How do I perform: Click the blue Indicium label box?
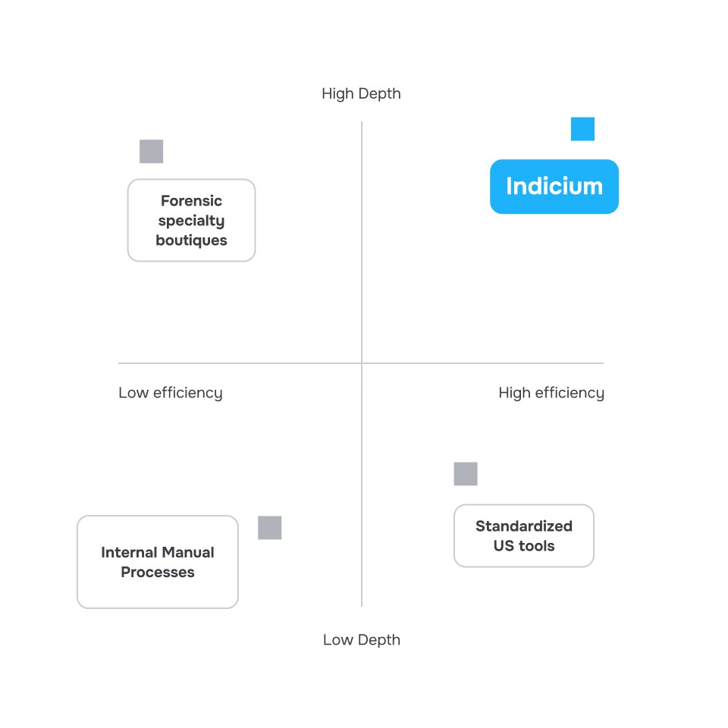pos(554,187)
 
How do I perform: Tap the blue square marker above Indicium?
pos(582,129)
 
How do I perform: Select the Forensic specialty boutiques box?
pos(191,220)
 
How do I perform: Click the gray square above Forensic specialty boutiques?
pos(152,152)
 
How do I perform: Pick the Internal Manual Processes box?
pos(158,562)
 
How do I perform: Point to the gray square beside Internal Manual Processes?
pos(269,528)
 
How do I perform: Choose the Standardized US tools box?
pos(523,535)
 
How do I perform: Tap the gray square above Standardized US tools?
pos(466,474)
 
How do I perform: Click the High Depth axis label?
pos(361,93)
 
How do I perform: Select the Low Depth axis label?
pos(361,639)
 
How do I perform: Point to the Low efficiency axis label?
pos(170,393)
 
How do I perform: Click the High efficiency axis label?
pos(551,393)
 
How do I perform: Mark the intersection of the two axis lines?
pos(362,363)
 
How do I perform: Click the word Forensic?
pos(191,201)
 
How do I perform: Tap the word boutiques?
pos(191,240)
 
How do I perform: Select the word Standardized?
pos(523,526)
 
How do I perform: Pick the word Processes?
pos(158,573)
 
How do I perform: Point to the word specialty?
pos(191,221)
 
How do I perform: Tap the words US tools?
pos(523,546)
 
